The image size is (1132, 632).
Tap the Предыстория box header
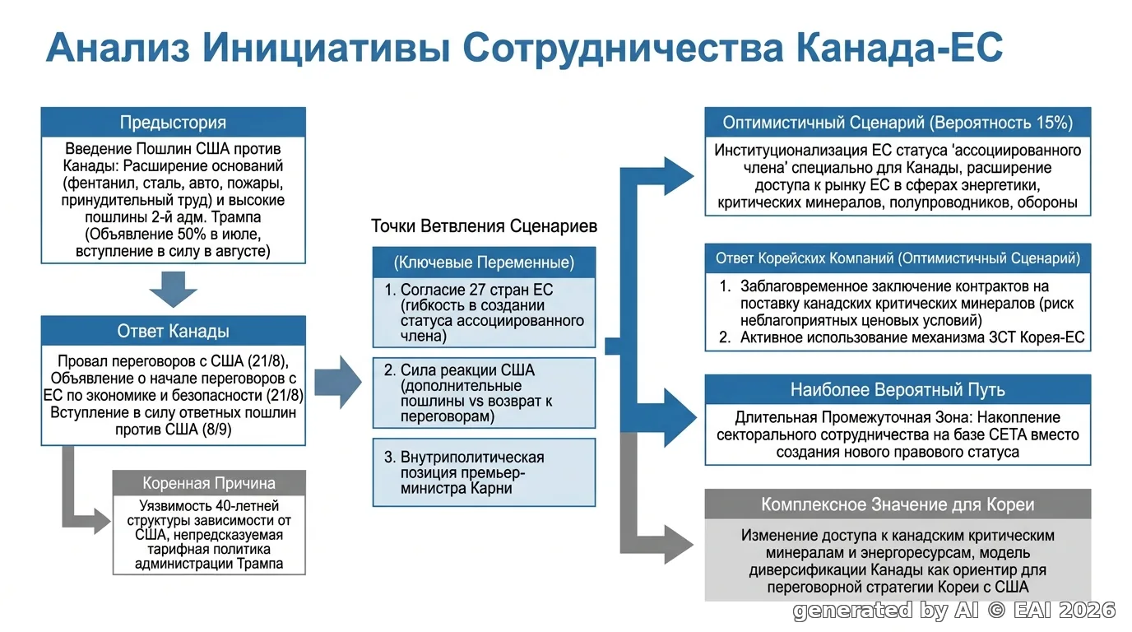click(173, 123)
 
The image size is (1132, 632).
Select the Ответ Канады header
click(173, 331)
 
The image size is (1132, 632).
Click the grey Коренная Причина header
click(209, 483)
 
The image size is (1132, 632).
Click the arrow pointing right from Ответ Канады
click(338, 382)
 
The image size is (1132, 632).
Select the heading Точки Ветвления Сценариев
click(484, 226)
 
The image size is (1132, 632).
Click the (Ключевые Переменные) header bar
click(484, 263)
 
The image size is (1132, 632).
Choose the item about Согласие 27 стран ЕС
click(484, 313)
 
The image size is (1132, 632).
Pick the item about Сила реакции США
click(484, 393)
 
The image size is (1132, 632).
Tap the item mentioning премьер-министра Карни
click(484, 472)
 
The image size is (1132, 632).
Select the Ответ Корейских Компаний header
click(898, 258)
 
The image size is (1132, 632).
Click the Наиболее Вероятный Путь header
click(898, 389)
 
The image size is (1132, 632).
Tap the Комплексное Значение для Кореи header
click(898, 504)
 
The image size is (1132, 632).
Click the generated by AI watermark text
click(954, 611)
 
